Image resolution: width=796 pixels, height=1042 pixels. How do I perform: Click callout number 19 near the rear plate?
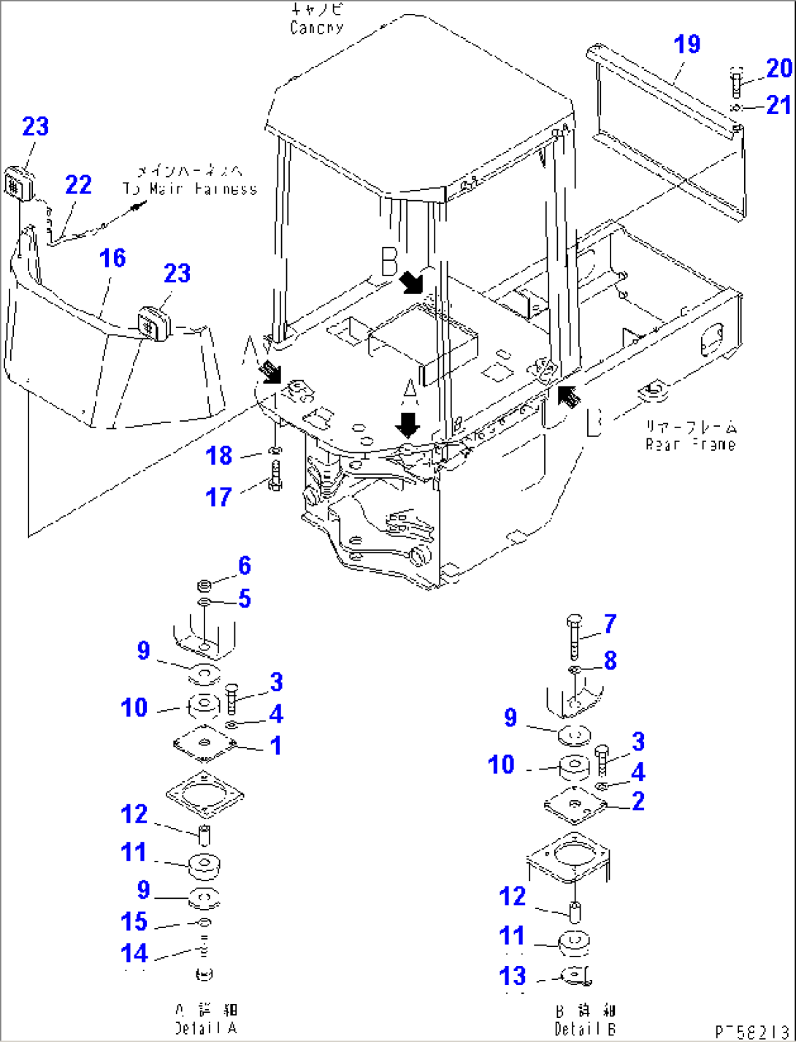pos(686,45)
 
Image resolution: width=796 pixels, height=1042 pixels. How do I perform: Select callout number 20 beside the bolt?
pos(779,68)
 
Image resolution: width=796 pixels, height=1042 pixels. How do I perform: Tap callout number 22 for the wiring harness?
pos(78,185)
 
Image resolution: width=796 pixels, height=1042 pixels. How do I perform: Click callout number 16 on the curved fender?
pos(112,258)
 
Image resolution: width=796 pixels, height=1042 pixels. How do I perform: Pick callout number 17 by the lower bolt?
pos(218,498)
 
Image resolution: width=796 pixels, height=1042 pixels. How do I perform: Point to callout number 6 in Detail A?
pos(245,565)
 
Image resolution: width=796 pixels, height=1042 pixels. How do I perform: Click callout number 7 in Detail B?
pos(610,623)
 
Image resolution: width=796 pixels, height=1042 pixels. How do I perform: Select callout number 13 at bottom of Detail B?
pos(513,976)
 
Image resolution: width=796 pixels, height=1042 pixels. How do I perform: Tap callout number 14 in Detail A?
pos(134,954)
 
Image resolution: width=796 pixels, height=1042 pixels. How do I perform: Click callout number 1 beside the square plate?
pos(275,746)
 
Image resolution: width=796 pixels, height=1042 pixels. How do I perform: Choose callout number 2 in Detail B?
pos(638,802)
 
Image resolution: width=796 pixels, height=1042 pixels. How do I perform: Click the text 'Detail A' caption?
pos(206,1028)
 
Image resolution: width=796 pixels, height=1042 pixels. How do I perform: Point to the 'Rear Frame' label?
pos(690,444)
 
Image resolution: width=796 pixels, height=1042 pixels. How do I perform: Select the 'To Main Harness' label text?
pos(190,189)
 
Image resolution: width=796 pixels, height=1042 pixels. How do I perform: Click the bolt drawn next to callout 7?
pos(574,636)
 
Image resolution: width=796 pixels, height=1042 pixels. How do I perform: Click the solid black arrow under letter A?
pos(407,425)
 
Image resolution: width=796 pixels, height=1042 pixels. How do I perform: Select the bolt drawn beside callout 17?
pos(275,476)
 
